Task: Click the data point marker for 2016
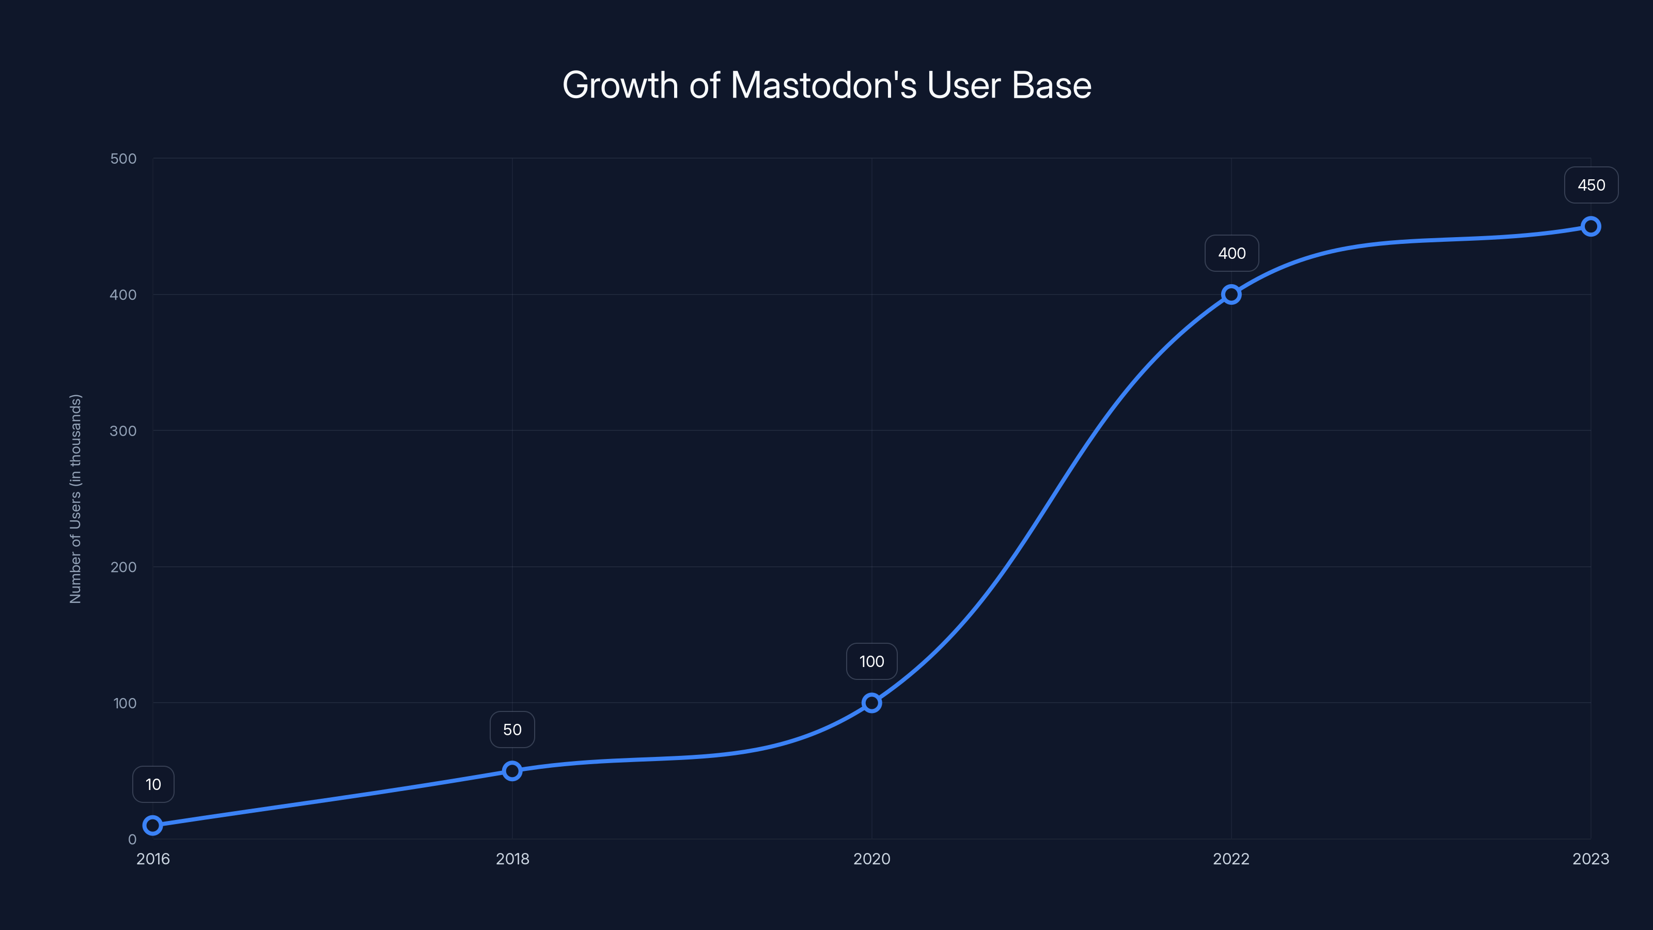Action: tap(153, 826)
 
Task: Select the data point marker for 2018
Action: tap(512, 771)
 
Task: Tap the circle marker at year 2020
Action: tap(871, 703)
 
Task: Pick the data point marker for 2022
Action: tap(1231, 295)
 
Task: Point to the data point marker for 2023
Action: tap(1591, 227)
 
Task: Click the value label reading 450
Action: tap(1591, 185)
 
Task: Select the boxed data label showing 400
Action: tap(1231, 254)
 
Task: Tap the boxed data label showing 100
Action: tap(871, 662)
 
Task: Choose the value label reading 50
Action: tap(512, 730)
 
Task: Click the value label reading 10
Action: tap(153, 784)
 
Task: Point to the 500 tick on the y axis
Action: tap(123, 159)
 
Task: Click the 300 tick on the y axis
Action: tap(123, 431)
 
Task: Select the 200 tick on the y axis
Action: tap(123, 567)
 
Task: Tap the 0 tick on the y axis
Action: tap(132, 840)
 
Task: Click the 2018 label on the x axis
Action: tap(512, 859)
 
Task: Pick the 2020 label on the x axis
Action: tap(871, 859)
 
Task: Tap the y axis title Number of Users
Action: tap(76, 499)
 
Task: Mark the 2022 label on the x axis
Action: tap(1231, 859)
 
